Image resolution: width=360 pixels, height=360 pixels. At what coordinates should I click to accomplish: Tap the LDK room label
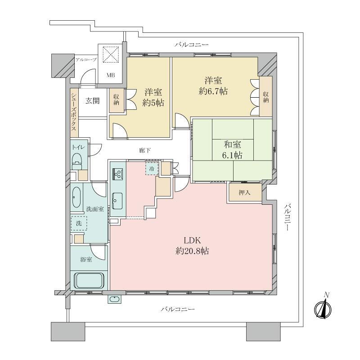point(192,246)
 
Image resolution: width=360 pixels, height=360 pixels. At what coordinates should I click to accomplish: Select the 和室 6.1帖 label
point(232,150)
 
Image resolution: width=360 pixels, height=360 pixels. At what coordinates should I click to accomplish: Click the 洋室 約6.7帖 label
point(213,86)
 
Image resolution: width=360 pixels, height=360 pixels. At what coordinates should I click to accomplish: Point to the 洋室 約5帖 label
point(153,98)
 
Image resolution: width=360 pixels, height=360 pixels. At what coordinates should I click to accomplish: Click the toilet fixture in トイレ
point(77,161)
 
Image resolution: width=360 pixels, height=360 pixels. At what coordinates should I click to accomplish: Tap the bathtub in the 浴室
point(89,280)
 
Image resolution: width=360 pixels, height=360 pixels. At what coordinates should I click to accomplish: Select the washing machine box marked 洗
point(79,223)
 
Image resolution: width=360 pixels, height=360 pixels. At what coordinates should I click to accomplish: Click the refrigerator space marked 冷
point(152,169)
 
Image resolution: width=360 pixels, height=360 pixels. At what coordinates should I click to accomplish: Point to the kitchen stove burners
point(118,174)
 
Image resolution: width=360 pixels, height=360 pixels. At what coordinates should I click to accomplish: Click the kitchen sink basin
point(117,201)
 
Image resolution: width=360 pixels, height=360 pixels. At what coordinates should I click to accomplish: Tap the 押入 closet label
point(244,193)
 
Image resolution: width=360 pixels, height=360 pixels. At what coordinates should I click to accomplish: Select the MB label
point(111,75)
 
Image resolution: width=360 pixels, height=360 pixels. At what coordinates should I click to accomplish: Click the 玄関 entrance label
point(93,100)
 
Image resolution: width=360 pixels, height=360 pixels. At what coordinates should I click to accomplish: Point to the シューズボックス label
point(73,112)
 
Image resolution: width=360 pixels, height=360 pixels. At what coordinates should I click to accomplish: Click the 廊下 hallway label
point(145,150)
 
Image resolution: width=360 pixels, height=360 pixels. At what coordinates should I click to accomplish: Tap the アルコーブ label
point(86,60)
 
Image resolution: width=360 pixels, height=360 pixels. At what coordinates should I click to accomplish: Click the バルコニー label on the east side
point(287,217)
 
